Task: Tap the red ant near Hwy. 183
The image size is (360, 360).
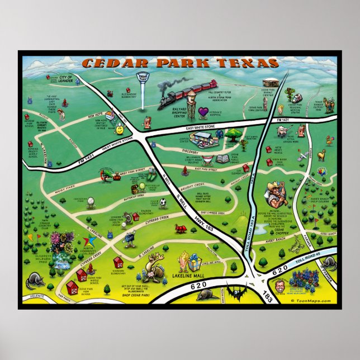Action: click(181, 229)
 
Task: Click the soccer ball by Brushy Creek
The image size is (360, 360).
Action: click(162, 202)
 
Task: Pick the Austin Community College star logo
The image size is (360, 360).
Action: click(88, 241)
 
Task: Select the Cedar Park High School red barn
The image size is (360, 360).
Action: click(72, 287)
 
